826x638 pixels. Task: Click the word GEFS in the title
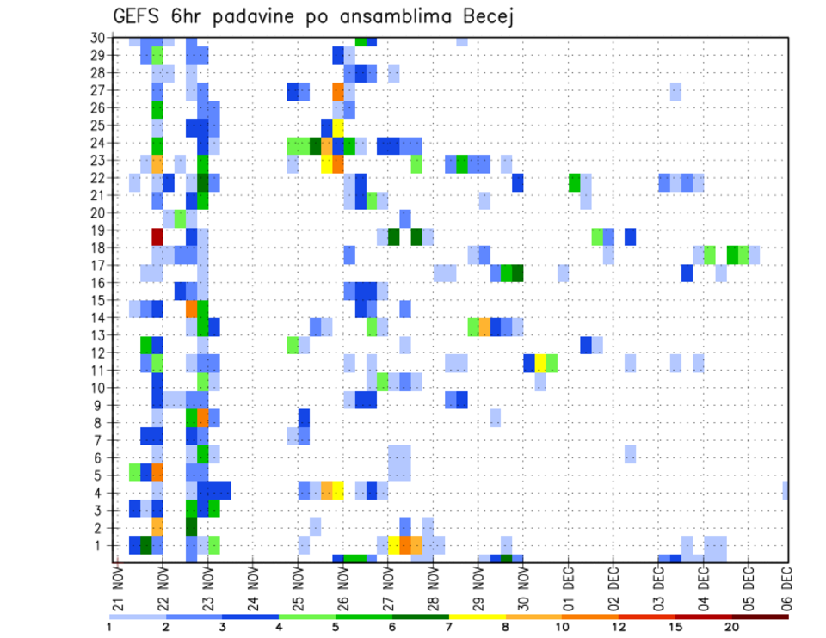tap(139, 16)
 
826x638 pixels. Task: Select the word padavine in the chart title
tap(255, 17)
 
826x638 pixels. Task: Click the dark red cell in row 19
tap(157, 236)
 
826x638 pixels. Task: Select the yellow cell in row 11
tap(540, 363)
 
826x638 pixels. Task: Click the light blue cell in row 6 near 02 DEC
tap(631, 453)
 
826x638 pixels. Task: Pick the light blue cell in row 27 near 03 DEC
tap(675, 91)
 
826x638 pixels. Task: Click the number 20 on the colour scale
tap(732, 628)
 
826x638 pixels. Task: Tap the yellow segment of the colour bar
tap(477, 617)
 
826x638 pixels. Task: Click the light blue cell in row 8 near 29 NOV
tap(496, 417)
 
